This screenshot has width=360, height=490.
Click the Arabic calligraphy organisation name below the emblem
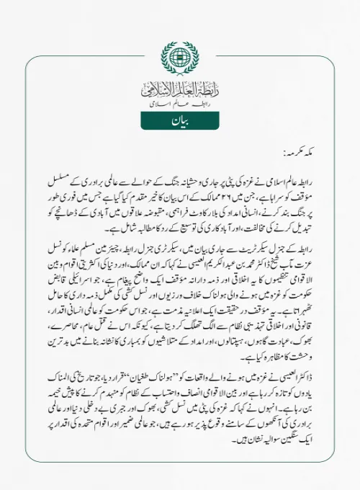pos(179,91)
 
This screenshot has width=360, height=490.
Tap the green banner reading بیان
pos(179,120)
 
